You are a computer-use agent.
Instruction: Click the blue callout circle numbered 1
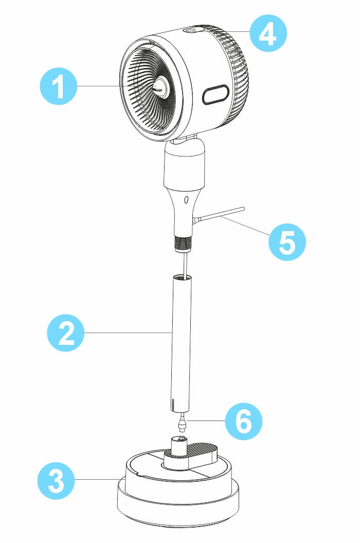pos(59,86)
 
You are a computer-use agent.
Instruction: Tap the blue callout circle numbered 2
pos(66,333)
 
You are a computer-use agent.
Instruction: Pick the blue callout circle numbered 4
pos(268,33)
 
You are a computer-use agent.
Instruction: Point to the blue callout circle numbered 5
pos(287,241)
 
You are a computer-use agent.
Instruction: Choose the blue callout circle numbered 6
pos(244,422)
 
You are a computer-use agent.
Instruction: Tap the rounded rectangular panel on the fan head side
pos(216,95)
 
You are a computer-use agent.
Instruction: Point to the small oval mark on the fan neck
pos(186,200)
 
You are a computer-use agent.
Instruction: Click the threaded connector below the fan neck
pos(183,244)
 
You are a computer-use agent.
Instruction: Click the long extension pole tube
pos(182,343)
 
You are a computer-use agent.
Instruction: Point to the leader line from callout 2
pos(129,333)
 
